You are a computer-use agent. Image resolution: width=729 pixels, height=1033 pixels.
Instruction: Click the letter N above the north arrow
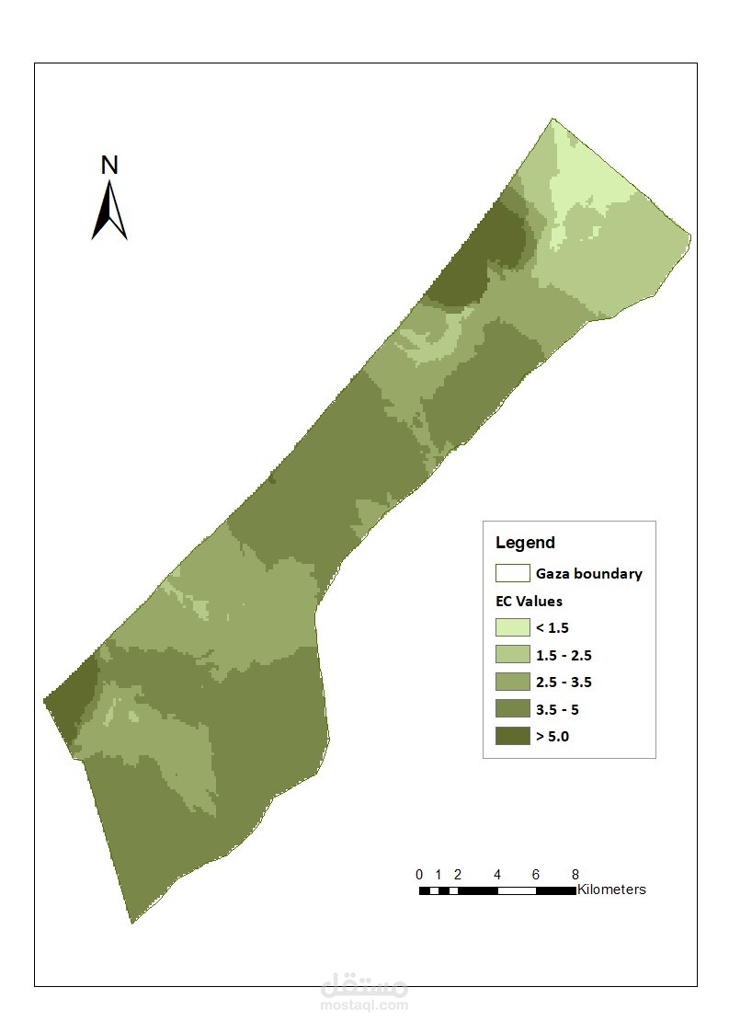click(109, 166)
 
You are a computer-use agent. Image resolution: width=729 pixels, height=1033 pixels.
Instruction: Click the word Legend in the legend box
click(525, 543)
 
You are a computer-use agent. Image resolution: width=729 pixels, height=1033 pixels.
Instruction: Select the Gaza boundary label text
click(588, 574)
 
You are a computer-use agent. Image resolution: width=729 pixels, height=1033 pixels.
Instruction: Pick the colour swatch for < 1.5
click(512, 628)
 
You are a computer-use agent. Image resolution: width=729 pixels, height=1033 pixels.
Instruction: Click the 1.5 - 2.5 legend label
click(563, 656)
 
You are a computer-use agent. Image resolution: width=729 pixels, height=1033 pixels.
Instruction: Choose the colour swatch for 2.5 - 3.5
click(512, 683)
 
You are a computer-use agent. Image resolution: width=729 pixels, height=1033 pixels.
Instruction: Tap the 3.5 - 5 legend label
click(557, 710)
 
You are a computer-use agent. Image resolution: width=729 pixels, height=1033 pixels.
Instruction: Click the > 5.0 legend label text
click(552, 737)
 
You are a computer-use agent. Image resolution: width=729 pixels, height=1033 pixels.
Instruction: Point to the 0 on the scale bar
click(419, 875)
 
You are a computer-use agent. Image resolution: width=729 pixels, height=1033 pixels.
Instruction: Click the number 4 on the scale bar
click(497, 875)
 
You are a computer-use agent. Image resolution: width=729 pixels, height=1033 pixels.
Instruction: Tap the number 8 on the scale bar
click(575, 875)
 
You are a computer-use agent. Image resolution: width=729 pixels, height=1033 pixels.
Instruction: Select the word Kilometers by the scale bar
click(611, 890)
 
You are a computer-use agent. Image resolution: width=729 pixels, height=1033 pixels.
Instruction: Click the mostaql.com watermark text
click(365, 1005)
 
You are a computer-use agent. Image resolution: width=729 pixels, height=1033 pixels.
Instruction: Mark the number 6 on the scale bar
click(536, 875)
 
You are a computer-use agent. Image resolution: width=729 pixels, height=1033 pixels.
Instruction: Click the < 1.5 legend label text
click(552, 628)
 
